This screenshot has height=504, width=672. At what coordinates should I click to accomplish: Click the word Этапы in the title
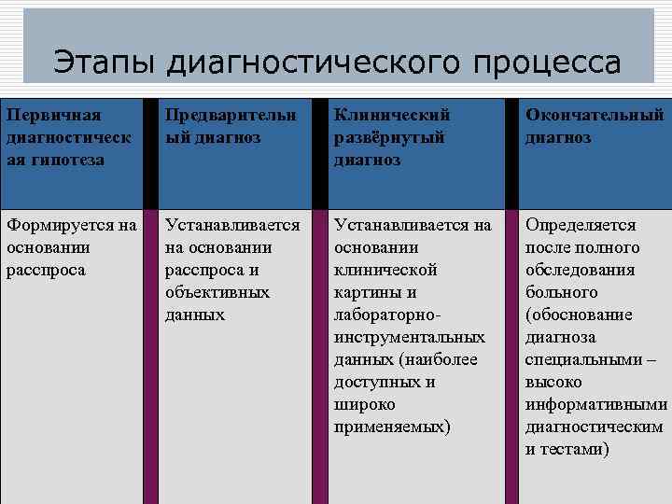point(104,63)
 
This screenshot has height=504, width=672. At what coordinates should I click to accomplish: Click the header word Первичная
point(53,115)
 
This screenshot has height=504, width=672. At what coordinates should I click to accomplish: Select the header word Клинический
point(392,115)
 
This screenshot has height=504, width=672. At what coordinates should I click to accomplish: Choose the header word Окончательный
point(595,115)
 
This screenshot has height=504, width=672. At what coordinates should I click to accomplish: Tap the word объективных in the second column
point(217,292)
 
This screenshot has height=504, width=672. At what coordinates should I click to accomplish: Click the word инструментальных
point(410,337)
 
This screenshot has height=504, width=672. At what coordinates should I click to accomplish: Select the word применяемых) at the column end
point(392,427)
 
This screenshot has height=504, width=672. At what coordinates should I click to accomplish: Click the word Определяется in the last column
point(581,225)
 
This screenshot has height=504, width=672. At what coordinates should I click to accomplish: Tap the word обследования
point(580,270)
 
